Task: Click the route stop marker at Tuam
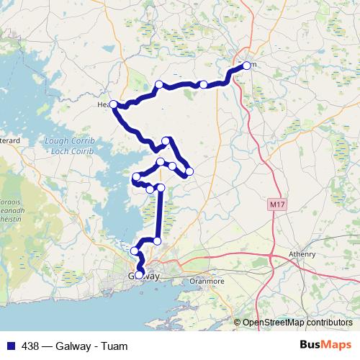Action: pyautogui.click(x=246, y=66)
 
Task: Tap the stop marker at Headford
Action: pyautogui.click(x=113, y=104)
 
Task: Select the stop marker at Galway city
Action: pyautogui.click(x=139, y=274)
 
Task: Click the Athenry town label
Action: pyautogui.click(x=302, y=254)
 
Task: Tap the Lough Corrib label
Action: pyautogui.click(x=66, y=141)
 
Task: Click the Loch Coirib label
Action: pyautogui.click(x=67, y=151)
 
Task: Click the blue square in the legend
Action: pyautogui.click(x=9, y=346)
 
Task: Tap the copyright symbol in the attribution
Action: pyautogui.click(x=237, y=323)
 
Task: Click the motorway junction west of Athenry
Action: pyautogui.click(x=271, y=253)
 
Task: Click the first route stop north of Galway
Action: pyautogui.click(x=135, y=251)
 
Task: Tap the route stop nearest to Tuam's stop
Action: pyautogui.click(x=204, y=85)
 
